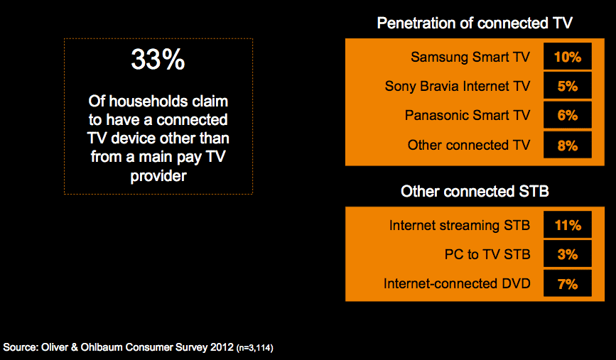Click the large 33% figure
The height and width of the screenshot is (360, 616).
(x=158, y=60)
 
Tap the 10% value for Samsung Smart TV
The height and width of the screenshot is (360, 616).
(x=567, y=57)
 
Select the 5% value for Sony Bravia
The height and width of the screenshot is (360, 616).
(x=567, y=86)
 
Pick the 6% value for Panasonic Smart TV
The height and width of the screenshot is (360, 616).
(x=567, y=115)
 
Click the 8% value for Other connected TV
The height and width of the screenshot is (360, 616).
(x=567, y=146)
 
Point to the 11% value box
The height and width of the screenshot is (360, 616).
(x=567, y=225)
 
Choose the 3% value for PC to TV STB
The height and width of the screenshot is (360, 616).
(x=567, y=254)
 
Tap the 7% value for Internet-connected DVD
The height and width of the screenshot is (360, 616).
(x=567, y=283)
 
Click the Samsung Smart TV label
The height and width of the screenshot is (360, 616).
(x=470, y=57)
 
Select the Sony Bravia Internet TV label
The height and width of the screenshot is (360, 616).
(x=458, y=86)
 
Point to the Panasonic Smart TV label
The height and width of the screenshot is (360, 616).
(x=468, y=115)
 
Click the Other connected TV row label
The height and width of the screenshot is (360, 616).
(x=469, y=145)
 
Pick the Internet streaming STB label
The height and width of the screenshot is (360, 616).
(x=460, y=225)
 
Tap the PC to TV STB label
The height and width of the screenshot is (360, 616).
(x=487, y=254)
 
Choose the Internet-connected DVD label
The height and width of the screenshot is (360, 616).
(x=457, y=283)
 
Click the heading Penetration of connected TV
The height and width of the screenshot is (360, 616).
(x=475, y=23)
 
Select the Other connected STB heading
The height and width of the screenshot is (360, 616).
(x=475, y=191)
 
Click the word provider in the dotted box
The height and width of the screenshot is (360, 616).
(x=158, y=176)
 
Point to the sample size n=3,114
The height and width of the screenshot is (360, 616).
(x=254, y=348)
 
